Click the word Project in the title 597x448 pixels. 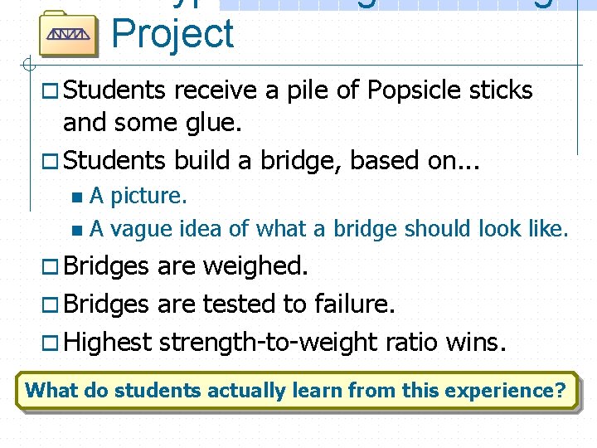[x=172, y=33]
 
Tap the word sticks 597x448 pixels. [x=500, y=90]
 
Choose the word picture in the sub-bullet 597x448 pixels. [x=148, y=196]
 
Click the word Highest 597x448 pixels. [x=108, y=341]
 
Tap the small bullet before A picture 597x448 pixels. [x=77, y=197]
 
